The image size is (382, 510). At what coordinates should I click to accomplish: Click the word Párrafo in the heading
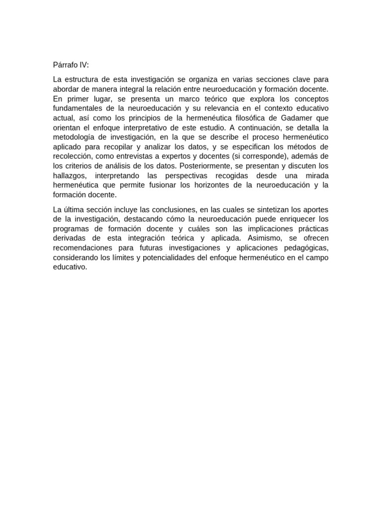(65, 65)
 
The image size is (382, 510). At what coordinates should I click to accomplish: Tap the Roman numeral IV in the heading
(84, 65)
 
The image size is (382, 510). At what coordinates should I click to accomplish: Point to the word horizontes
(216, 185)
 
